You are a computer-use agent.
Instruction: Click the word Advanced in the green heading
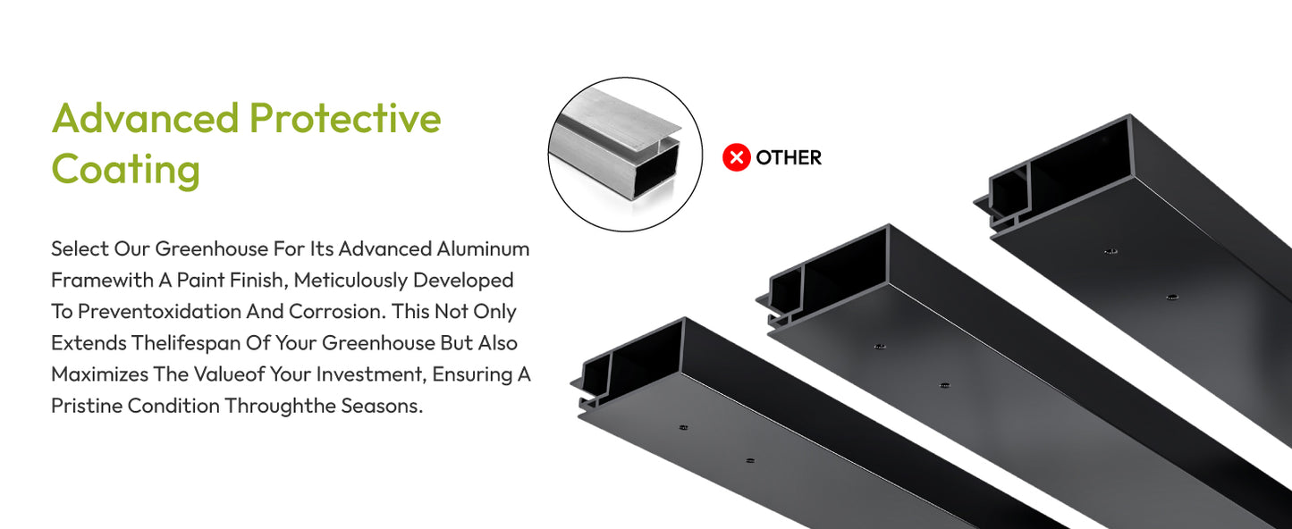pos(146,118)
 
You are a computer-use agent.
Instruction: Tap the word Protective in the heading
pos(345,118)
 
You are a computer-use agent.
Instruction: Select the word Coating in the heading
pos(126,170)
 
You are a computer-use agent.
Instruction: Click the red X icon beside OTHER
pos(736,157)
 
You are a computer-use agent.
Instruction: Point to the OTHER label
pos(789,157)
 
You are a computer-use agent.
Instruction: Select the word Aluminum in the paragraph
pos(483,249)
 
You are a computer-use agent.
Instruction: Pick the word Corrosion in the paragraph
pos(337,312)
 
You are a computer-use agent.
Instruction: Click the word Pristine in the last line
pos(87,406)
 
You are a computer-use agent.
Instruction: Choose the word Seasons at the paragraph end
pos(382,406)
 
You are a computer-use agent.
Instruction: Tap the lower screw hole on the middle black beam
pos(944,385)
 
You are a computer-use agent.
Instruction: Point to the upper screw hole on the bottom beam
pos(683,428)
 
